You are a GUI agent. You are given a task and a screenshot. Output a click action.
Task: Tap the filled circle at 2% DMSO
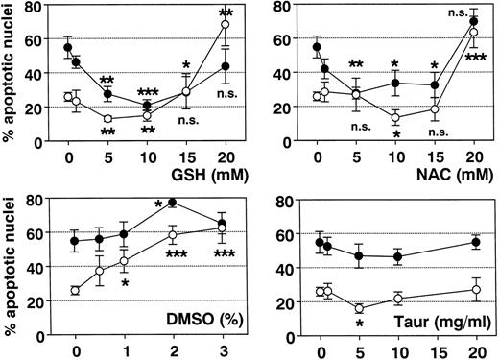click(172, 203)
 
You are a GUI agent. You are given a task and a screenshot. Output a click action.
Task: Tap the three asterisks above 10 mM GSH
click(147, 91)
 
